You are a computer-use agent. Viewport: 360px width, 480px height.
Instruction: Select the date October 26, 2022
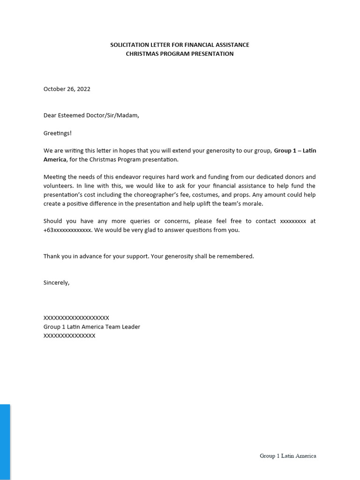67,89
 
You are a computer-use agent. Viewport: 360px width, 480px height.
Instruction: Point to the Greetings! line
58,133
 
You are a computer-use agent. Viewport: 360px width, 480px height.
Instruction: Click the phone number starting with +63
67,230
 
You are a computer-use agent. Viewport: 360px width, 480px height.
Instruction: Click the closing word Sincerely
56,283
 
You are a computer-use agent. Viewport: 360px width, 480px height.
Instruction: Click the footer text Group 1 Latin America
288,456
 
